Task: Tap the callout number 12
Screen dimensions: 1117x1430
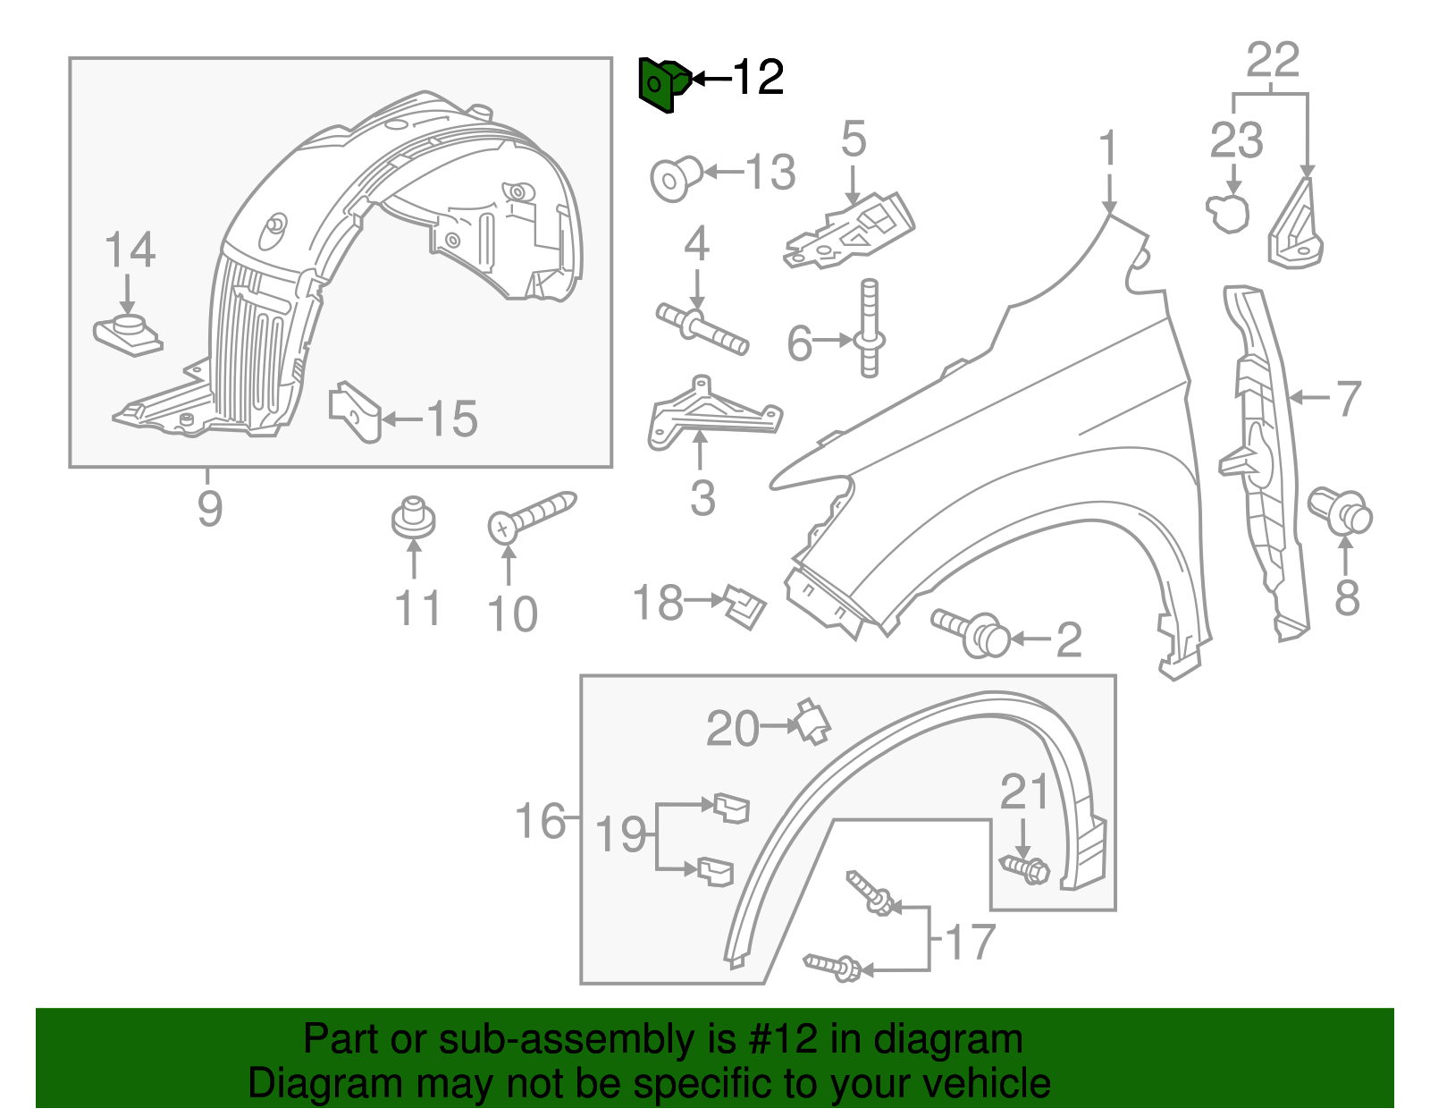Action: [x=758, y=79]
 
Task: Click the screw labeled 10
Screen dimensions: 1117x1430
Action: [x=531, y=517]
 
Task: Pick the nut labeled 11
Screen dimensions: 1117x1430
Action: [x=413, y=517]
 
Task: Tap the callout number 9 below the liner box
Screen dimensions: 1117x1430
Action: [x=209, y=509]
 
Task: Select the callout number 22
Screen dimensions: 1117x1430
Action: [x=1272, y=61]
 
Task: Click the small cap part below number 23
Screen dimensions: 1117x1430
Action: [x=1231, y=213]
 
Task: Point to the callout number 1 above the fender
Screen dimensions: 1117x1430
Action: [x=1108, y=148]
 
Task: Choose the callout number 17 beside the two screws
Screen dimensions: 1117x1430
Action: [x=969, y=942]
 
